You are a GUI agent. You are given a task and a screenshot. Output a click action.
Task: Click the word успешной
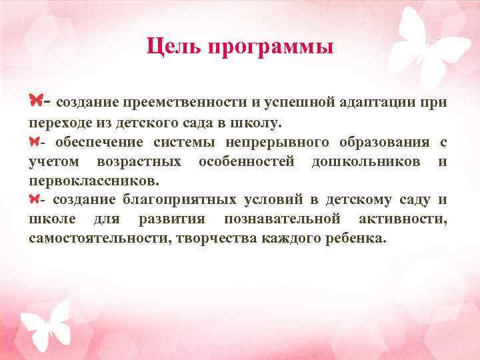(x=298, y=103)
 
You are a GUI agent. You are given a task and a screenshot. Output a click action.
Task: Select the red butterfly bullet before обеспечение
(x=35, y=141)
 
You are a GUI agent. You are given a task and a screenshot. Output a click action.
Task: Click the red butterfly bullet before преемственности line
(x=36, y=101)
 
